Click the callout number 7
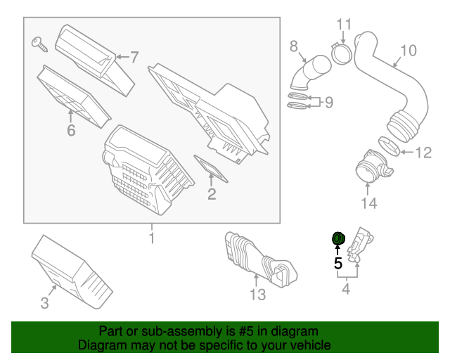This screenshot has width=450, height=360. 134,56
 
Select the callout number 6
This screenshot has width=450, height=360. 70,131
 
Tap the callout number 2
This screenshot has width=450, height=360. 211,193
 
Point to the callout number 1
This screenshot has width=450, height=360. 151,240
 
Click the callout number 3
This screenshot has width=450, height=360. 44,303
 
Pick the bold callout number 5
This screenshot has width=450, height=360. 337,264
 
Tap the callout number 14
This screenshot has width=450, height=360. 369,203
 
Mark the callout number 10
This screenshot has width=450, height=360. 409,51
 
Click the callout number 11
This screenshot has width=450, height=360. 342,25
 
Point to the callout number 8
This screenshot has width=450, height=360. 294,46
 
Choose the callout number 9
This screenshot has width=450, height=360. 328,103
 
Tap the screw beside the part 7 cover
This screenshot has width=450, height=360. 39,44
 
